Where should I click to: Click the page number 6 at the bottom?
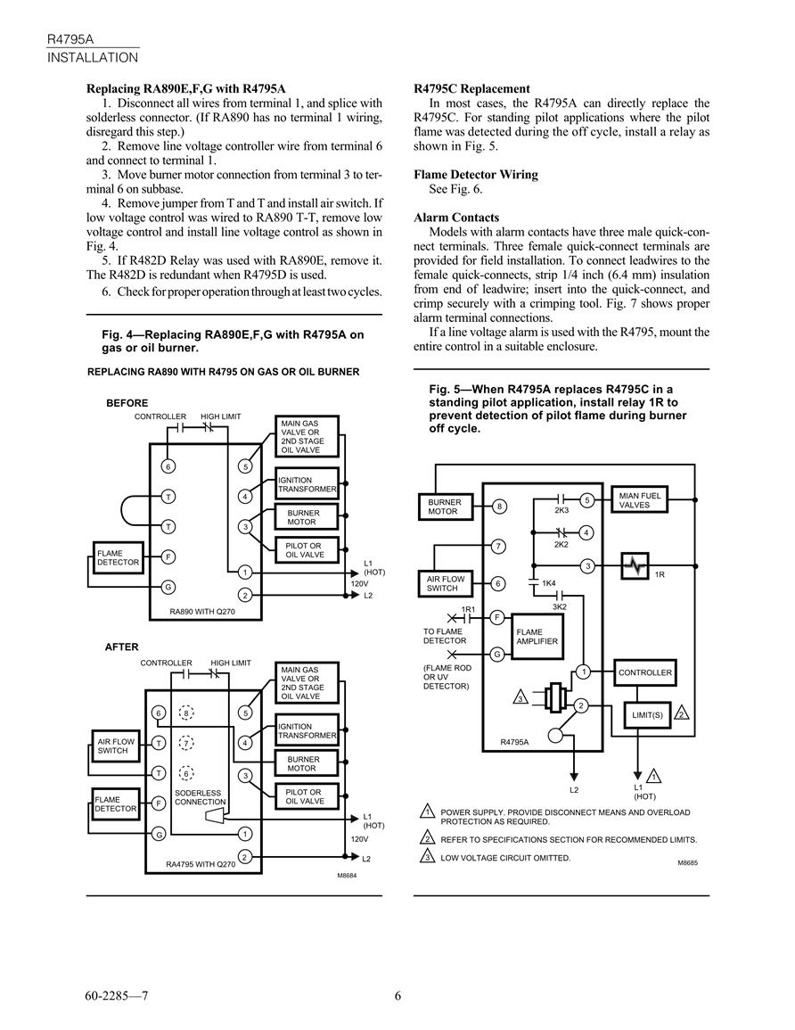[x=397, y=996]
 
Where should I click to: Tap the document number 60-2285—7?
[x=117, y=996]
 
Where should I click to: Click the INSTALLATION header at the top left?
[x=93, y=58]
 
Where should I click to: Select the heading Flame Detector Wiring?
[x=476, y=175]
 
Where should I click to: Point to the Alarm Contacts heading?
[x=456, y=218]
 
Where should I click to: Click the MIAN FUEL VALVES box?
[x=639, y=500]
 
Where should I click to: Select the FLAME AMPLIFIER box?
[x=537, y=637]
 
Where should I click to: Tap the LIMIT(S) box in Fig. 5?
[x=647, y=714]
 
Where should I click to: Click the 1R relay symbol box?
[x=635, y=566]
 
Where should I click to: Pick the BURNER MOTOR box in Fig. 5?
[x=445, y=507]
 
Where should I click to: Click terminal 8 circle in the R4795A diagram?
[x=500, y=507]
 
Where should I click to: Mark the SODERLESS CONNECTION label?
[x=200, y=797]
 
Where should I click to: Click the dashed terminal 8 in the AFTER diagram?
[x=186, y=713]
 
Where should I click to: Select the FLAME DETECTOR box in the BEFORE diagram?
[x=119, y=557]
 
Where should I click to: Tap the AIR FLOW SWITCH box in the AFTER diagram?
[x=116, y=746]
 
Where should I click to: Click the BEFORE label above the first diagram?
[x=127, y=403]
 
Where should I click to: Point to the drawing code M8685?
[x=687, y=862]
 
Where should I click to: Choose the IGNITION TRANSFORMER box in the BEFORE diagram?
[x=307, y=485]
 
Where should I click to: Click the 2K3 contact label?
[x=561, y=510]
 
